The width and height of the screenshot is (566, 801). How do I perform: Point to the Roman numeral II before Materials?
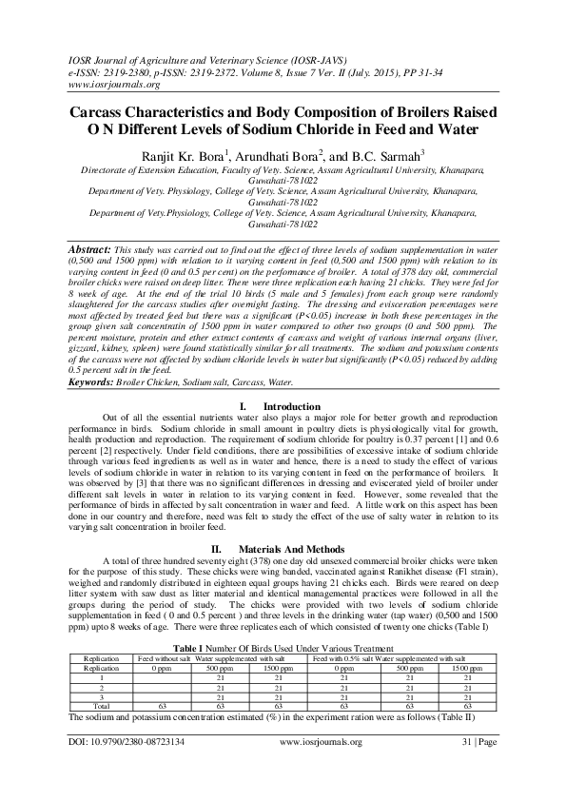(x=216, y=550)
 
